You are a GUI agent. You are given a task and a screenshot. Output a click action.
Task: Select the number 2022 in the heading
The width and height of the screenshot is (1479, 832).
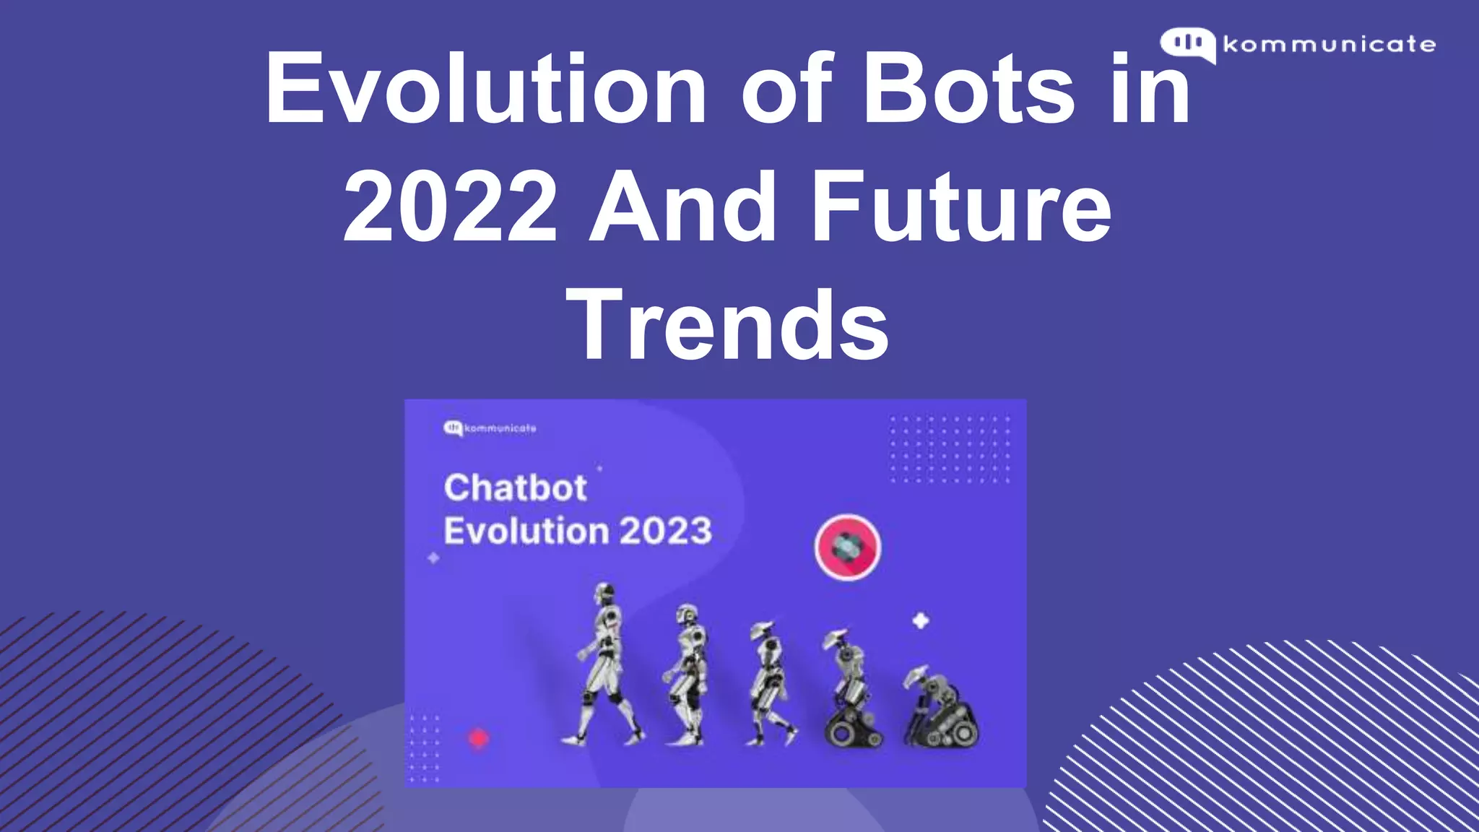(451, 207)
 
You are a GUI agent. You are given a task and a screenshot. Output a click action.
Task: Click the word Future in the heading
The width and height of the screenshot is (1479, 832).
(960, 207)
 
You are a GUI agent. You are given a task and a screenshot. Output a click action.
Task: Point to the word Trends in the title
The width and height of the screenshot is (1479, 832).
(728, 324)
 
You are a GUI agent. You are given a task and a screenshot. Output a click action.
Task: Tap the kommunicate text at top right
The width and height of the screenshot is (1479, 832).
(1330, 45)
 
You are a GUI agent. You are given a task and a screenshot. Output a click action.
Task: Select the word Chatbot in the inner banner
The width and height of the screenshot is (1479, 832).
(515, 487)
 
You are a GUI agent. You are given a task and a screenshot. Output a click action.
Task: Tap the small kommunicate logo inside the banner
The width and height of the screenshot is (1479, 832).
(490, 428)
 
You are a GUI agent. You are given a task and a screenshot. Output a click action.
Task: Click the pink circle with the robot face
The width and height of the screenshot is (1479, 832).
(848, 547)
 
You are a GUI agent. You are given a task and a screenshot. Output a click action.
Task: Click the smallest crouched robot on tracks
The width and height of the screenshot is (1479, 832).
(940, 708)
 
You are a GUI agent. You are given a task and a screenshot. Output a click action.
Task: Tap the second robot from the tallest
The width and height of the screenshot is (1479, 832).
(686, 675)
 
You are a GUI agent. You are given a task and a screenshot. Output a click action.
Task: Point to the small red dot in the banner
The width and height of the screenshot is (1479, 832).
(479, 738)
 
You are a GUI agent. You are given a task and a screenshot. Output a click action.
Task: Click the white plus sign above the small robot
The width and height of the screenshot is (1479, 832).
(920, 620)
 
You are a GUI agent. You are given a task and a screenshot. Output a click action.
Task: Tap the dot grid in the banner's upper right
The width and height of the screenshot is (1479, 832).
(950, 449)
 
